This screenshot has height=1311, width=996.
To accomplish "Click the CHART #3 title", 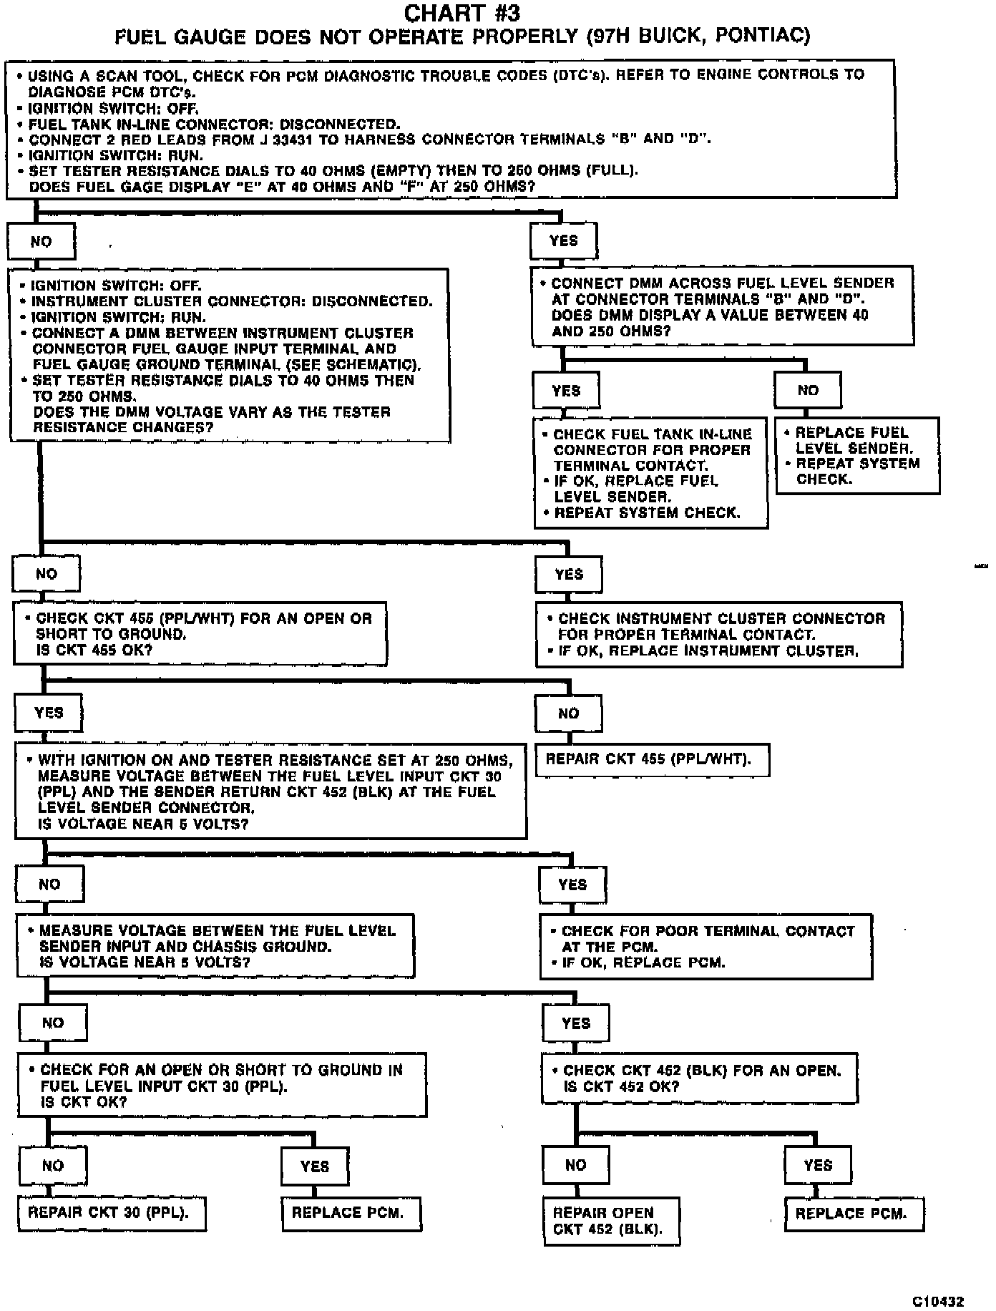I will (462, 13).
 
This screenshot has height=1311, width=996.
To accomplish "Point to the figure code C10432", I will (937, 1301).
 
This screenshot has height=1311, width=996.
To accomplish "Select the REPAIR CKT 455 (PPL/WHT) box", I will (652, 759).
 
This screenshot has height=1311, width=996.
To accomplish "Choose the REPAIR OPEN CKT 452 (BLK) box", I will (611, 1221).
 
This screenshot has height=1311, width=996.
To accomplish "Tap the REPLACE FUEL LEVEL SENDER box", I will (857, 456).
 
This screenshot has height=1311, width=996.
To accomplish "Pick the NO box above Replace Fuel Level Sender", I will (807, 390).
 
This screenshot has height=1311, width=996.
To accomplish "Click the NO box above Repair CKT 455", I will (568, 713).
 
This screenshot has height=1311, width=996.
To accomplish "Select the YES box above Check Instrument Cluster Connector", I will (569, 574).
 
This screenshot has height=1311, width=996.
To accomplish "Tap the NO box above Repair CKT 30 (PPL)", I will (53, 1166).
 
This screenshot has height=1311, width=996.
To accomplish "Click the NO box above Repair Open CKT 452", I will (576, 1166).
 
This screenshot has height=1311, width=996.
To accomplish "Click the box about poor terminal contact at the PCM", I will (705, 946).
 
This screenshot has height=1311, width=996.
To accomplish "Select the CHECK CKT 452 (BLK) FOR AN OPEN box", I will (699, 1078).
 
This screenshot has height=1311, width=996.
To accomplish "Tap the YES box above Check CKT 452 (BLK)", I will (576, 1023).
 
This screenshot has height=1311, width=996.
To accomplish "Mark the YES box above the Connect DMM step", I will (563, 241).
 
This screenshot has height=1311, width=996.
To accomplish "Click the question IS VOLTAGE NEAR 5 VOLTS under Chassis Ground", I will (145, 962).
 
